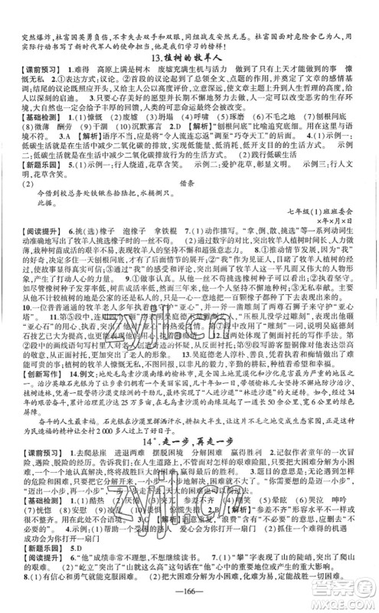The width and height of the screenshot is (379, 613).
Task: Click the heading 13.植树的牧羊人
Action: tap(189, 57)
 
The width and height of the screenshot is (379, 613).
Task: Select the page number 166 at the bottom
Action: tap(189, 599)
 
